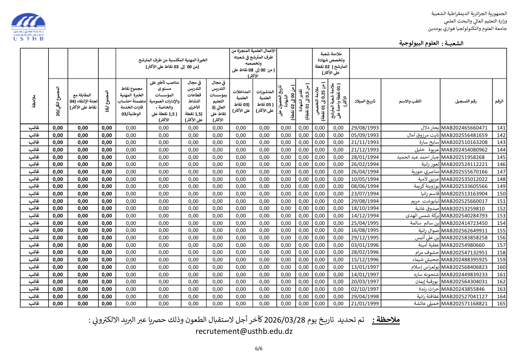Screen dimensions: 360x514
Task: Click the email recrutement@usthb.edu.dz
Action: pos(244,331)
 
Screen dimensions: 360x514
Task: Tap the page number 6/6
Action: pos(259,348)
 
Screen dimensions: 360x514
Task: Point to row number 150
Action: pos(501,194)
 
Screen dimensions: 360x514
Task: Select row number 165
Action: pos(501,303)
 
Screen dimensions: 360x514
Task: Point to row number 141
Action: pos(501,128)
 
